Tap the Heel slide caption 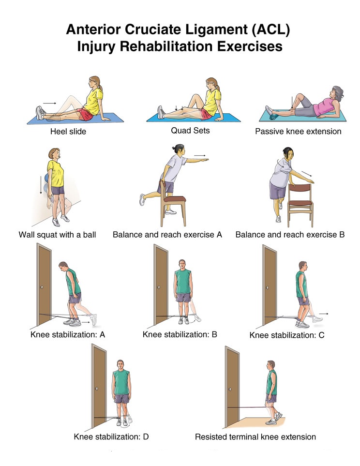click(68, 131)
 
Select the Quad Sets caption click(190, 131)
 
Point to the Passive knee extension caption click(298, 131)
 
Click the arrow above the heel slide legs click(49, 104)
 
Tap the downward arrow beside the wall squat click(41, 185)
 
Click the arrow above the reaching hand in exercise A click(200, 155)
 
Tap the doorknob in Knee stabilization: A click(42, 287)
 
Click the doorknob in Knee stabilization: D click(97, 389)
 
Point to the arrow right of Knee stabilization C click(324, 314)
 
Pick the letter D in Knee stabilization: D click(146, 436)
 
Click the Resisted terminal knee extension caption click(255, 437)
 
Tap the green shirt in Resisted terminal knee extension click(272, 382)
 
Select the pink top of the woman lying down click(324, 106)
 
